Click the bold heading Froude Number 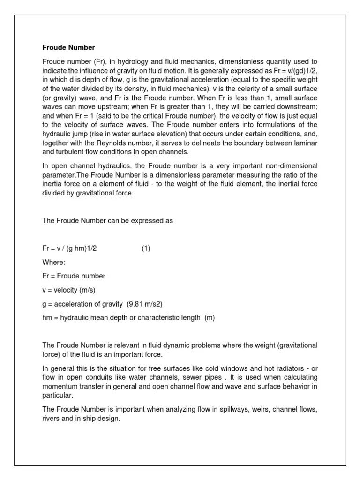(x=68, y=48)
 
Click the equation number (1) (x=146, y=249)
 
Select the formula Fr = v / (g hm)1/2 (x=69, y=249)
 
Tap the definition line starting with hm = (x=128, y=318)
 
